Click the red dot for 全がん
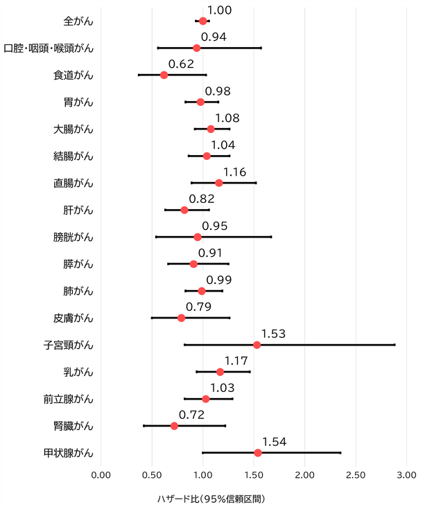click(202, 21)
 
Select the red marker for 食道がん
click(164, 75)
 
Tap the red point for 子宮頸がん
click(257, 345)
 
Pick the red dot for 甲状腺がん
click(258, 452)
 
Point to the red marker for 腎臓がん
click(174, 426)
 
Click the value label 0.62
click(181, 64)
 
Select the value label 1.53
click(273, 334)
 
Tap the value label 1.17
click(236, 361)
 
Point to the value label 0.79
click(198, 307)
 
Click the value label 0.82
click(202, 199)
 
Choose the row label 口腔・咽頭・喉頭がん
click(49, 48)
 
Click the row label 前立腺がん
click(68, 399)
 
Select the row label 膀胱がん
click(73, 237)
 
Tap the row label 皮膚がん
click(73, 318)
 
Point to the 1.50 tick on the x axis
click(254, 475)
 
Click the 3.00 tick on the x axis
click(406, 475)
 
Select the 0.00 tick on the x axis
click(101, 475)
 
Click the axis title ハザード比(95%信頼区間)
click(211, 499)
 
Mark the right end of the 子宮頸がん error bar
click(395, 345)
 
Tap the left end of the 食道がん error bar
click(139, 75)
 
